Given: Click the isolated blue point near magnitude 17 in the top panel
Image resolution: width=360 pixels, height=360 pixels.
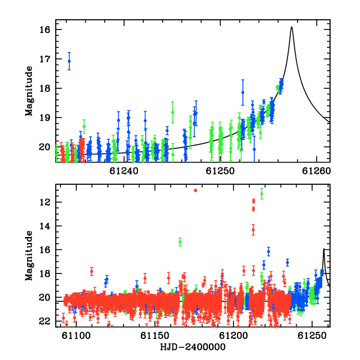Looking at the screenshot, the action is [69, 61].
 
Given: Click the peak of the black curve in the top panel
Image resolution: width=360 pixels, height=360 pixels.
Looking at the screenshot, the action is [292, 27].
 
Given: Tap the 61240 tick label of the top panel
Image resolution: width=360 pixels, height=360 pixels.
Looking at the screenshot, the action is [124, 171].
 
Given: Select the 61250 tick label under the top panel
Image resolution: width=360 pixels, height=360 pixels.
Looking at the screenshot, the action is [220, 171].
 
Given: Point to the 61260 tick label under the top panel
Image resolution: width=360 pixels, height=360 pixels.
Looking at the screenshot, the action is [316, 171].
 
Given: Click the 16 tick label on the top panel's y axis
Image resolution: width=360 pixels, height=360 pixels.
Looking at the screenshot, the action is [45, 29].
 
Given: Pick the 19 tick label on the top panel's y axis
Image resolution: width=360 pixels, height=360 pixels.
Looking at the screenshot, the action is [45, 118].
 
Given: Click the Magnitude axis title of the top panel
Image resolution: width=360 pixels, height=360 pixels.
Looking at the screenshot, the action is [29, 91].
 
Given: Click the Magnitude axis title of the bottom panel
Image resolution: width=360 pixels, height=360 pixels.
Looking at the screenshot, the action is [29, 256].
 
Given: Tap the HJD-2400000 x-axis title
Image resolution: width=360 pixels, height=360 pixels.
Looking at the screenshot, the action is [193, 347].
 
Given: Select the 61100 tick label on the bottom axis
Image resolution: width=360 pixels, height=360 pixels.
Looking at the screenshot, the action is [76, 336].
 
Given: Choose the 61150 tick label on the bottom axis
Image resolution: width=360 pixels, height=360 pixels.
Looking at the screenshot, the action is [155, 336].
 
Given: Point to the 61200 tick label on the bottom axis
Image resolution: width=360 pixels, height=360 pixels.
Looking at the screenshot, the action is [233, 336].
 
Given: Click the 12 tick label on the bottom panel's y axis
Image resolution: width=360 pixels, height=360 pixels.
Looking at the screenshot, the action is [45, 202].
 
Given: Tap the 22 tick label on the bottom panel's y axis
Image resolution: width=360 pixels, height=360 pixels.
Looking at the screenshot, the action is [45, 321].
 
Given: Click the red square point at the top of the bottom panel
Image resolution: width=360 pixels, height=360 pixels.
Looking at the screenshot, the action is [196, 190].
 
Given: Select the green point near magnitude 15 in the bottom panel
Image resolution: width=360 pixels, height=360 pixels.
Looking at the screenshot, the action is [180, 242].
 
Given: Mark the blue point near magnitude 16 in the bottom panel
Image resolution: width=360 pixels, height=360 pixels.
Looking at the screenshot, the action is [268, 251].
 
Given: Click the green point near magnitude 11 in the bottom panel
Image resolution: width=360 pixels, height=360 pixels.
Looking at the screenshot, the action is [262, 194].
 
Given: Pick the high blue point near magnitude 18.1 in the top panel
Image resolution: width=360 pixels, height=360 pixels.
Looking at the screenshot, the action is [242, 92].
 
